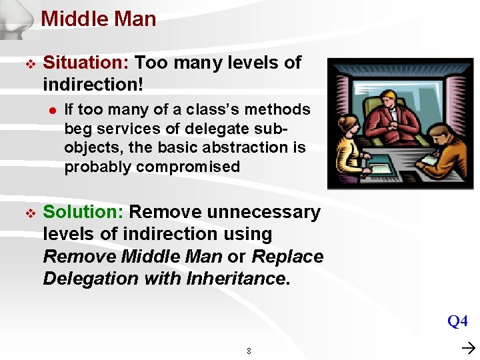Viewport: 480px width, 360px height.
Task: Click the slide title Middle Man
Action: coord(99,19)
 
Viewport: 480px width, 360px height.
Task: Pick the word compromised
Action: coord(188,167)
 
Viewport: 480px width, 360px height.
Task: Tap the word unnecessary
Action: coord(263,213)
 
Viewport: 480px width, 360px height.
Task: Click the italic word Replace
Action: coord(287,257)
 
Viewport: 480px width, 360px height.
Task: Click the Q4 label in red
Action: coord(457,322)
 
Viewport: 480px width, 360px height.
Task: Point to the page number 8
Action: coord(249,351)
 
